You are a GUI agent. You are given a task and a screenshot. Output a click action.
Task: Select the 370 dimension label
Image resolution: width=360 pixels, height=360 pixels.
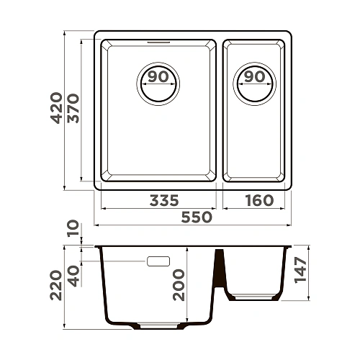click(x=73, y=109)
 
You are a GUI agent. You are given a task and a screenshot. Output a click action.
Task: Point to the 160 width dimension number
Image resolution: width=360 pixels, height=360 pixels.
click(x=258, y=200)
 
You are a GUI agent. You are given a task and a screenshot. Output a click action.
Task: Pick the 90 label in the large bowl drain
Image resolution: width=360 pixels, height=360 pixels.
click(x=158, y=76)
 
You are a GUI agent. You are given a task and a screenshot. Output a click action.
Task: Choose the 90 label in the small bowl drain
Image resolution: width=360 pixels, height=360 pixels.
click(x=253, y=76)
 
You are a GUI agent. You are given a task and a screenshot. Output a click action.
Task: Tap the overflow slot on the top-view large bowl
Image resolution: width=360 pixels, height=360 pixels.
click(x=157, y=42)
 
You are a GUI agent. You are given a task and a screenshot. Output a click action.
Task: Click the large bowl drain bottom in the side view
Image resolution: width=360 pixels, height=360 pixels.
click(x=158, y=328)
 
